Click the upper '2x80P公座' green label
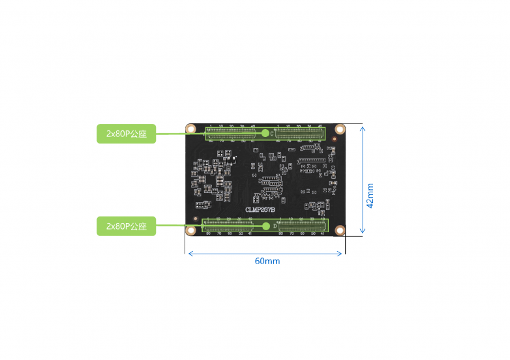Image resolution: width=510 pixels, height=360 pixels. pos(126,134)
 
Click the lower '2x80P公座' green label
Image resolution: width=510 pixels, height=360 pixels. pos(126,226)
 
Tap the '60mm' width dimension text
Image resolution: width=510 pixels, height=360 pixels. pos(267,261)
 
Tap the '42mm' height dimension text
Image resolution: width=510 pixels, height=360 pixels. pos(370,195)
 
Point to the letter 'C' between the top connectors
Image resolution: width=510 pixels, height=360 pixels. pos(272,133)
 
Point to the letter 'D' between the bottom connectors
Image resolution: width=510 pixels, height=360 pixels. pos(274,226)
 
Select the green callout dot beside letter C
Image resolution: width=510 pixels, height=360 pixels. pos(265,133)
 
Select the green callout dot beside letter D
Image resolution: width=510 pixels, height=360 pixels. pos(266,226)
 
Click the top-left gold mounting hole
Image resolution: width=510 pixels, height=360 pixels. pos(191,128)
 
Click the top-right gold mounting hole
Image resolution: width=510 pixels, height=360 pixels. pos(340,128)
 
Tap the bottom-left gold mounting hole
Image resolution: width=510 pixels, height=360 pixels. pos(191,230)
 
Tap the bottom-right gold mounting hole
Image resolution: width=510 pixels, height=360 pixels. pos(340,230)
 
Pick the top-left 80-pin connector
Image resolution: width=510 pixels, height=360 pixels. pos(231,133)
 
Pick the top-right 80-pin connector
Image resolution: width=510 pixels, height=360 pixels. pos(299,133)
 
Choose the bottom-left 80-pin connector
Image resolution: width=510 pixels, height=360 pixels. pos(228,226)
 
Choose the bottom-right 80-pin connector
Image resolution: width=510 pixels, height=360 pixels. pos(303,226)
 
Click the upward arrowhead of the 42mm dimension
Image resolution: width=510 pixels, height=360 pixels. pos(362,128)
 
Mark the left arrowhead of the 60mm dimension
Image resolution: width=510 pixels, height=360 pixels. pos(190,253)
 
